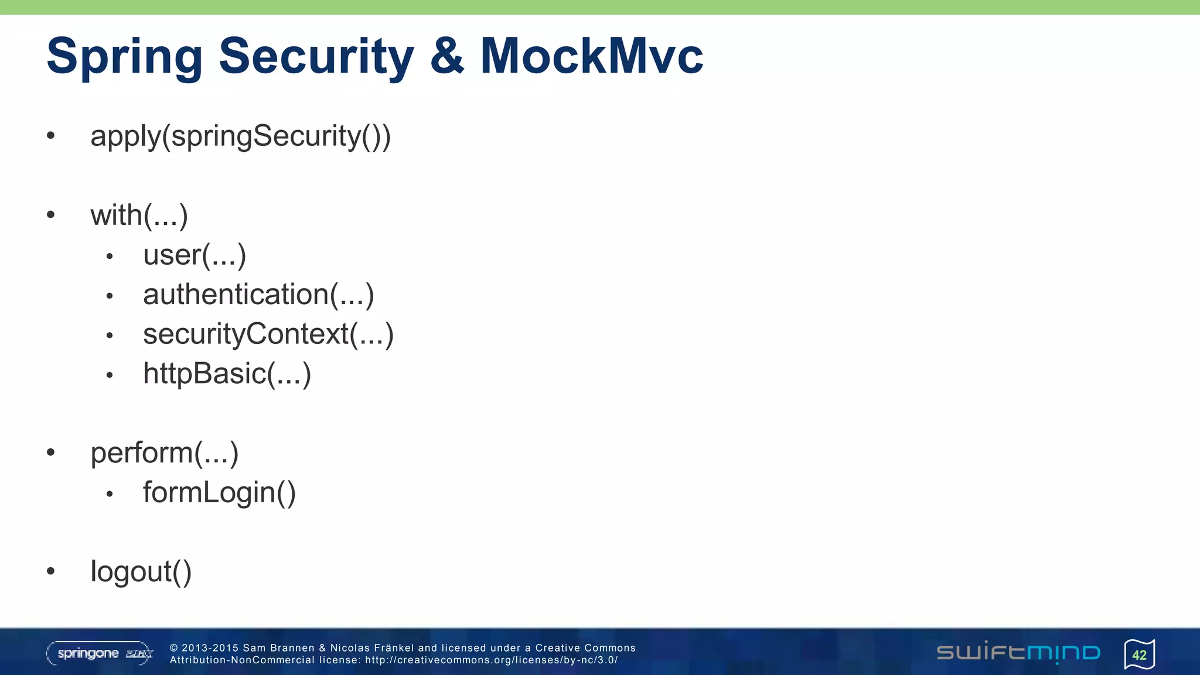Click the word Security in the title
pyautogui.click(x=316, y=57)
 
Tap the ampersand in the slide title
pyautogui.click(x=447, y=57)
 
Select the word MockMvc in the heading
pyautogui.click(x=591, y=57)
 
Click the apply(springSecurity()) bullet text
pyautogui.click(x=240, y=137)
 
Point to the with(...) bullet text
pyautogui.click(x=139, y=215)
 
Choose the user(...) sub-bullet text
pyautogui.click(x=195, y=255)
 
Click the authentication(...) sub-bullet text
pyautogui.click(x=258, y=294)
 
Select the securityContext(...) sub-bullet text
pyautogui.click(x=268, y=334)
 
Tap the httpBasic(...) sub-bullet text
pyautogui.click(x=227, y=374)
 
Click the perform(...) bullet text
pyautogui.click(x=165, y=453)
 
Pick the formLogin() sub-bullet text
pyautogui.click(x=219, y=492)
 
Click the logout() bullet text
pyautogui.click(x=141, y=571)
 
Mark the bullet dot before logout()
pyautogui.click(x=51, y=571)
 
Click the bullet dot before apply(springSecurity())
pyautogui.click(x=51, y=136)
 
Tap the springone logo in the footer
pyautogui.click(x=100, y=653)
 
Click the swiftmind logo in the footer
pyautogui.click(x=1018, y=652)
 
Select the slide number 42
pyautogui.click(x=1139, y=655)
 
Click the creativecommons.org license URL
pyautogui.click(x=491, y=660)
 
